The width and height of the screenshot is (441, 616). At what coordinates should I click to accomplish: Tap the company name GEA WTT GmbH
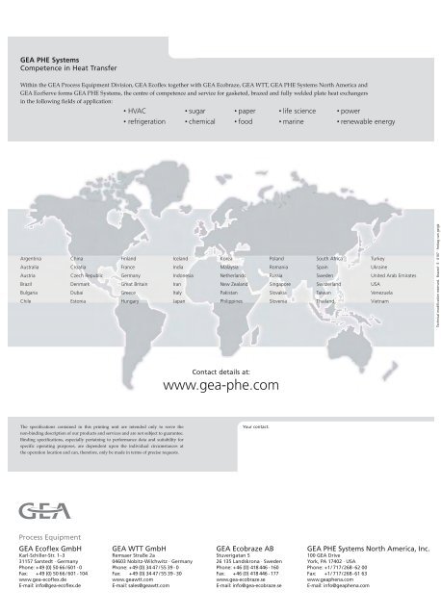pos(142,545)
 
